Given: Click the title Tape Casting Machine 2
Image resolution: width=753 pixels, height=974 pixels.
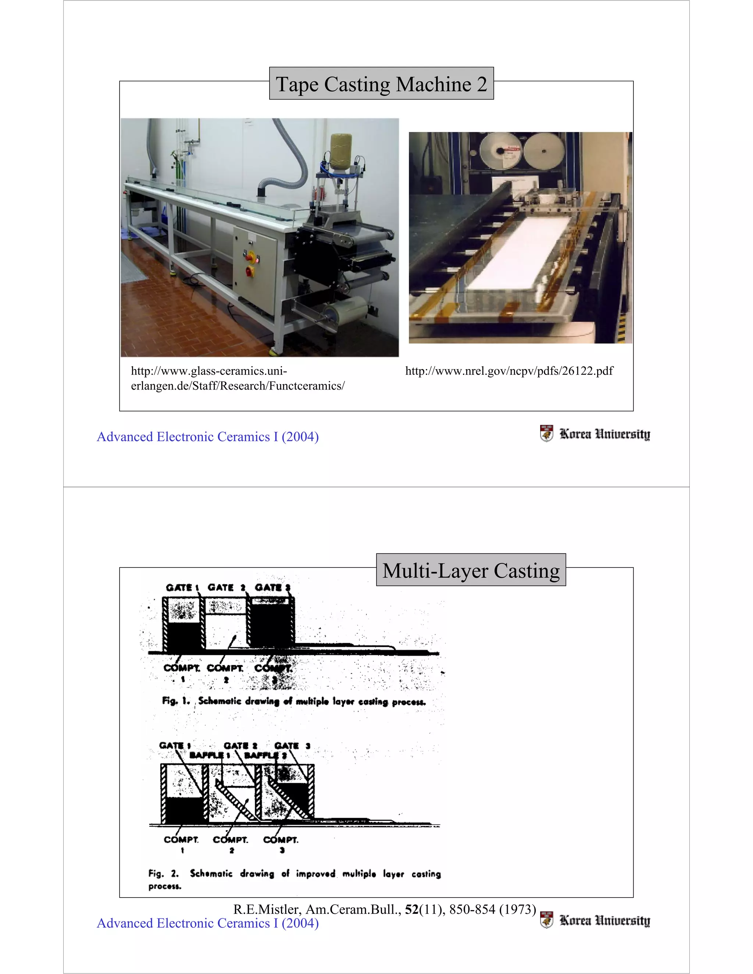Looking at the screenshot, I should [381, 84].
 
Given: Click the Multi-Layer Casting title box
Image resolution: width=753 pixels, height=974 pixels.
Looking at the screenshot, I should [471, 570].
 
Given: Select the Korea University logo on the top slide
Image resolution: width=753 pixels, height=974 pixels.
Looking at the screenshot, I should [595, 433].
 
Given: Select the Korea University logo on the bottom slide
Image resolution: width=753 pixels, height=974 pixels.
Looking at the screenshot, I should [595, 920].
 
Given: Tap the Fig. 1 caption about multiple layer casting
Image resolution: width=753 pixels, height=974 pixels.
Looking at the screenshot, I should [294, 701].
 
